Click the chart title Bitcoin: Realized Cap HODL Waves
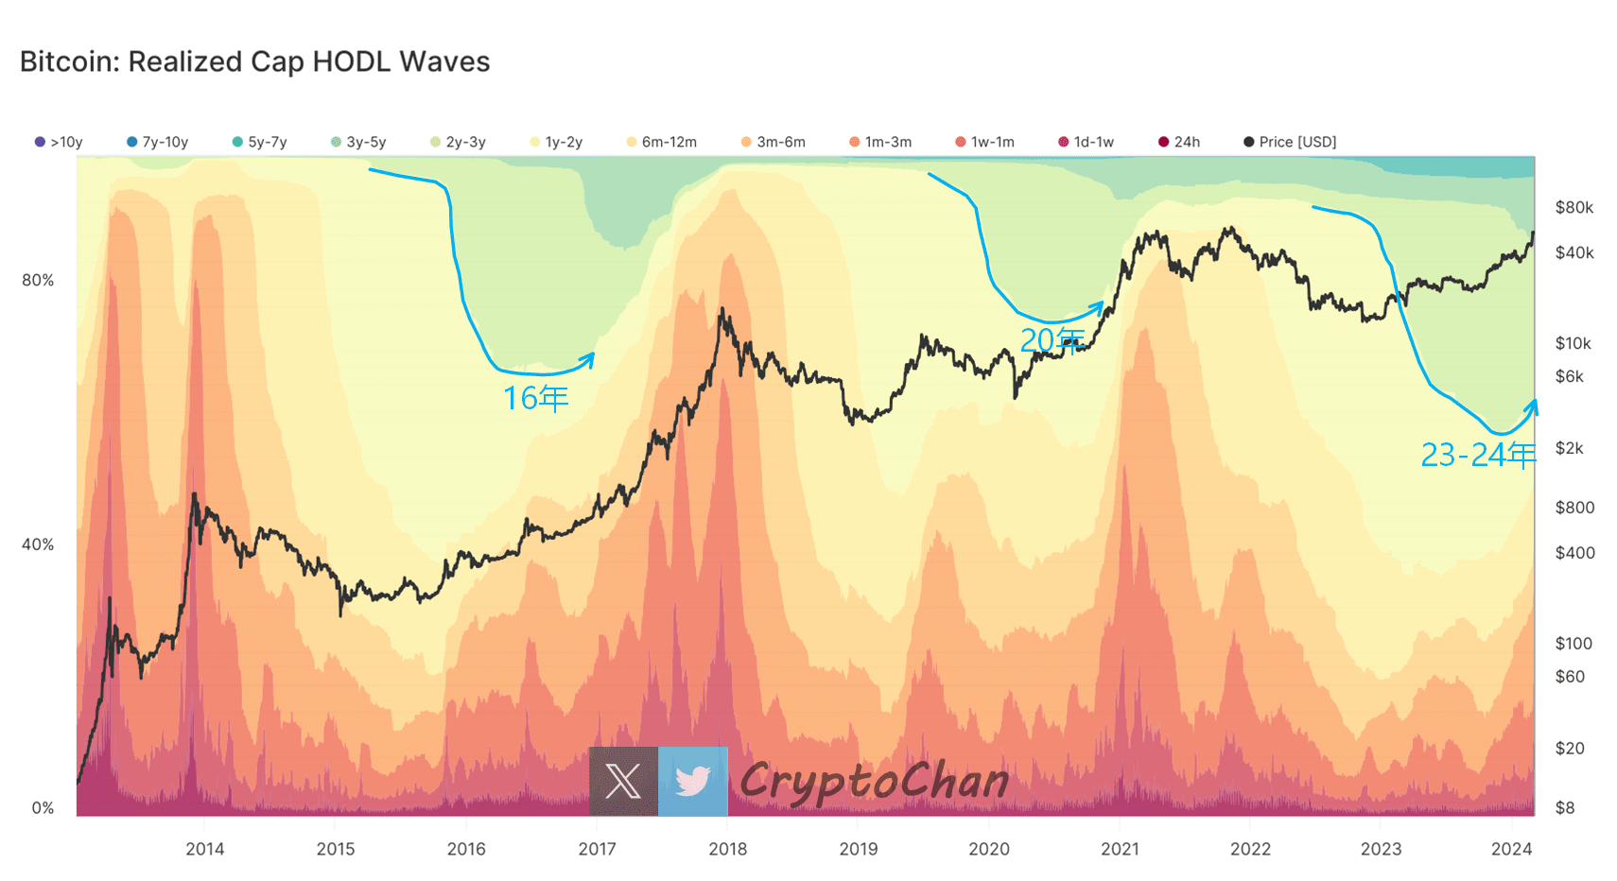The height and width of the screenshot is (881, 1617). coord(254,61)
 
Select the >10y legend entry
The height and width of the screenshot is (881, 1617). coord(59,142)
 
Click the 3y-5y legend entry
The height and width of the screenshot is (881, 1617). coord(358,142)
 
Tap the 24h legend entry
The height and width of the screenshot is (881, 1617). coord(1179,142)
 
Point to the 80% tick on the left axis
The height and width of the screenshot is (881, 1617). coord(38,280)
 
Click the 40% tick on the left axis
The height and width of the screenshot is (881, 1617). coord(38,544)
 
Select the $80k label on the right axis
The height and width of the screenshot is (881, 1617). coord(1574,208)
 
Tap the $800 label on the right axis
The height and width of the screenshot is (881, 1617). coord(1574,508)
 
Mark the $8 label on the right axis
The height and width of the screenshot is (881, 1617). coord(1565,807)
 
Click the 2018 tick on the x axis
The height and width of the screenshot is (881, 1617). coord(727,849)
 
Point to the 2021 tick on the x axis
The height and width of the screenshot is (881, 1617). coord(1120,849)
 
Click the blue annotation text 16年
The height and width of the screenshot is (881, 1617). coord(535,398)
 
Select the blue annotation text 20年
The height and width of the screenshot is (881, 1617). coord(1052,339)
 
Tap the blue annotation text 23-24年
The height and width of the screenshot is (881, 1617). coord(1478,456)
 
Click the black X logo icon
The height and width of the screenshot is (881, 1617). coord(623,781)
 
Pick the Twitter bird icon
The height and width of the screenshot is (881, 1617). coord(693,781)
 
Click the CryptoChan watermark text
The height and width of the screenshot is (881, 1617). coord(874,782)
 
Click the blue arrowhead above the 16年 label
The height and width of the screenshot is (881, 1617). coord(590,357)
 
